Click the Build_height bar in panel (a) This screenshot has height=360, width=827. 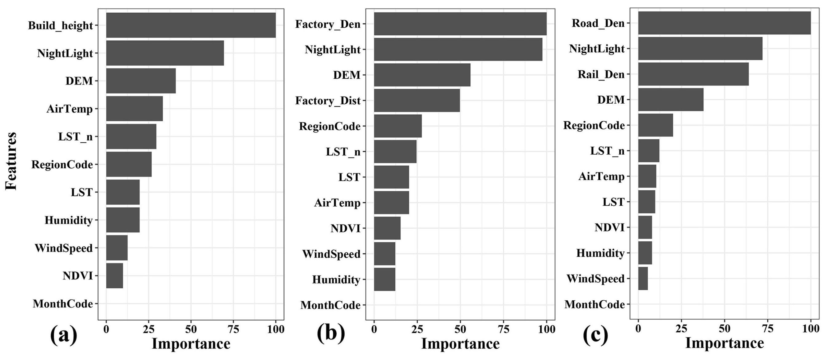pos(191,25)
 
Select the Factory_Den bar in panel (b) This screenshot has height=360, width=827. pos(460,24)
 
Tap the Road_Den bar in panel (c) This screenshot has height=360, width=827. pos(724,23)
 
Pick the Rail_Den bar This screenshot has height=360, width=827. pos(693,74)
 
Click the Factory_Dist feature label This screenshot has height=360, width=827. pos(328,101)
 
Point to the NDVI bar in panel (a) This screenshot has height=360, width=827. pos(114,275)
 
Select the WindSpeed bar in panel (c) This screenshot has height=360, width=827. pos(643,279)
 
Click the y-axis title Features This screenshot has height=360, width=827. pos(11,160)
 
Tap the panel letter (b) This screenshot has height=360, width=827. pos(331,333)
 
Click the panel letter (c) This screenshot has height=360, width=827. pos(595,335)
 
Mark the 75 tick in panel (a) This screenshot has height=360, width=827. pos(233,330)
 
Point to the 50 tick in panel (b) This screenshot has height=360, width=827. pos(460,330)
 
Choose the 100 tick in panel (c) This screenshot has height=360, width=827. pos(811,329)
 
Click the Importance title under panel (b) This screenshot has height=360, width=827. pos(460,344)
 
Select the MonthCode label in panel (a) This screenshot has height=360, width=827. pos(63,304)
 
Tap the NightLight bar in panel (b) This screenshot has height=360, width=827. pos(458,49)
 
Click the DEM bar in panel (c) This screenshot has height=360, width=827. pos(671,100)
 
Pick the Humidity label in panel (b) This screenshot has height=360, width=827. pos(336,280)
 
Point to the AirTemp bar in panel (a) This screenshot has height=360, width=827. pos(134,109)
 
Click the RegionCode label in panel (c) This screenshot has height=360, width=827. pos(594,125)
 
